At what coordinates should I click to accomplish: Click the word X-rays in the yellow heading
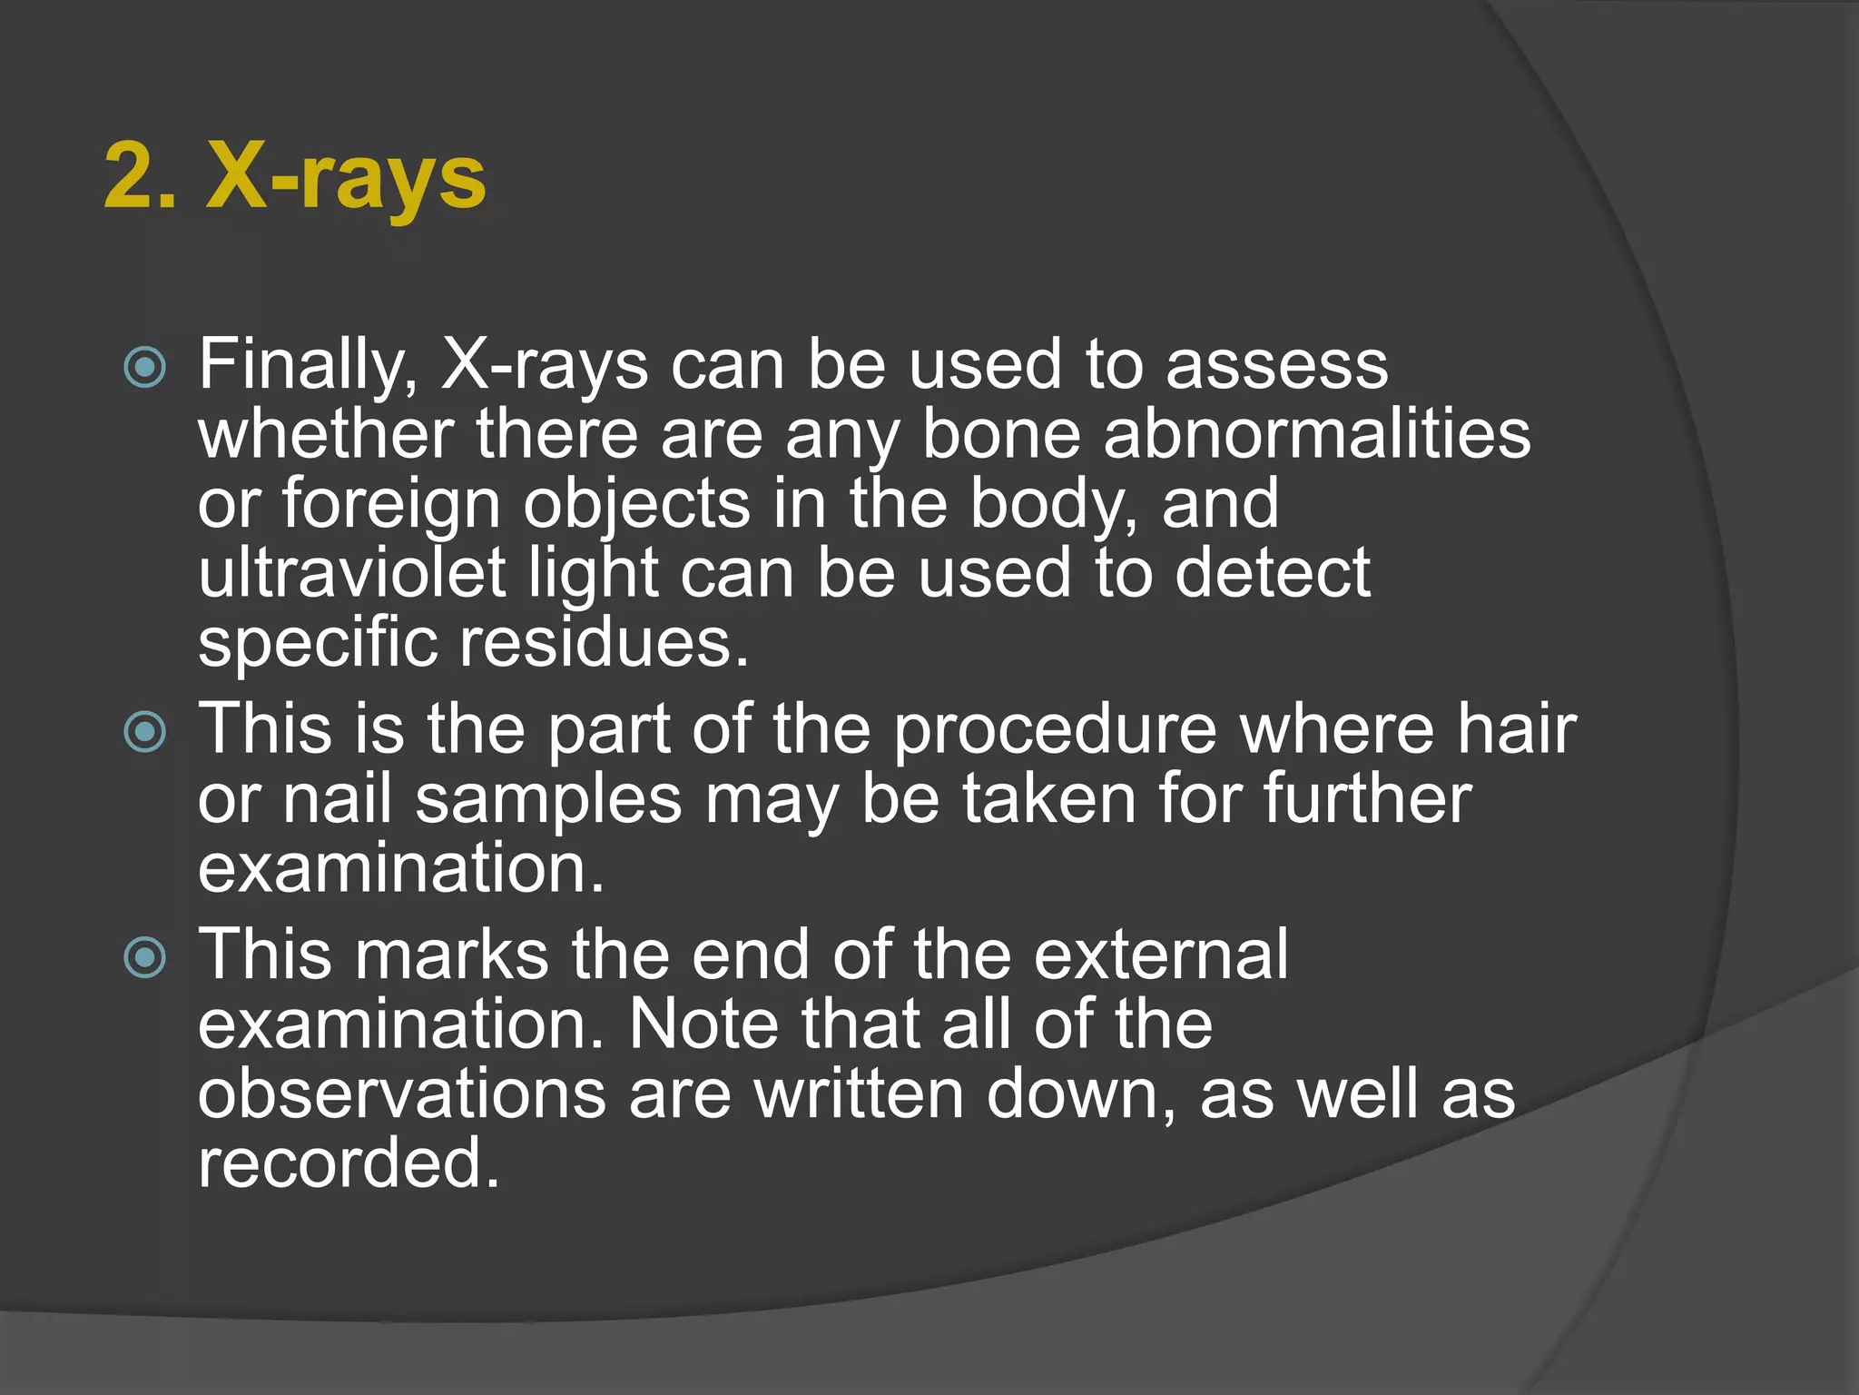(x=346, y=178)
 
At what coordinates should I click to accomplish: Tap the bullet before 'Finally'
(x=145, y=368)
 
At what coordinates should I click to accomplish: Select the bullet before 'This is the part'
(x=145, y=732)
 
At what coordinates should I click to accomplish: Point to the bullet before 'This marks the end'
(x=145, y=957)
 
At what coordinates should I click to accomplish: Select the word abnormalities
(x=1317, y=434)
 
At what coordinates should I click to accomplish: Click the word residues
(x=604, y=643)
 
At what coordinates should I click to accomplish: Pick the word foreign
(x=390, y=505)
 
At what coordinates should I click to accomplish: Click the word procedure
(x=1054, y=730)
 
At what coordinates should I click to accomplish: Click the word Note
(x=703, y=1024)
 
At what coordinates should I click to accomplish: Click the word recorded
(x=349, y=1164)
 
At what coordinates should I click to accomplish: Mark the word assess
(x=1276, y=365)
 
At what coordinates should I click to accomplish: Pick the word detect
(x=1271, y=573)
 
